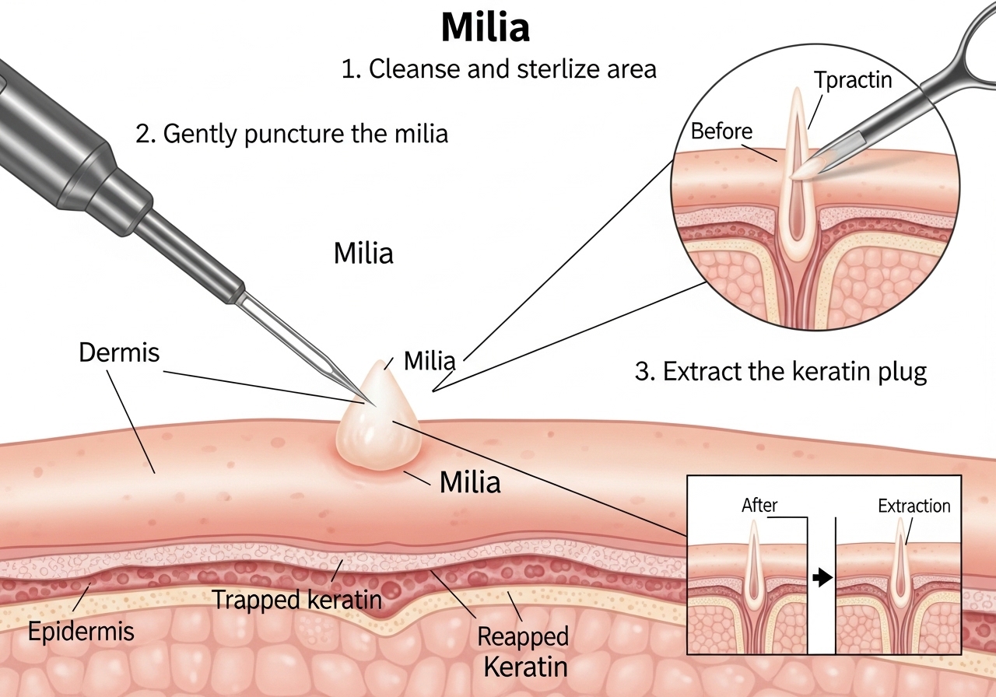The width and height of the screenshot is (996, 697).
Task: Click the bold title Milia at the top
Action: [485, 28]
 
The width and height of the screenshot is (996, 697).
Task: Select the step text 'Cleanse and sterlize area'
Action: [499, 69]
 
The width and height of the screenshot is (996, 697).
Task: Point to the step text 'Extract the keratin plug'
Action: [781, 371]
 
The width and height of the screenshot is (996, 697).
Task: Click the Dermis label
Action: [119, 352]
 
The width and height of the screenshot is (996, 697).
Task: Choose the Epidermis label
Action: [81, 631]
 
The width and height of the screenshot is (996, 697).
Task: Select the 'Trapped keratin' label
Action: [296, 600]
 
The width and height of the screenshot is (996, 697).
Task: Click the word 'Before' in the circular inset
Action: [721, 131]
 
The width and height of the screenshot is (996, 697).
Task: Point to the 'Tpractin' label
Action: [853, 80]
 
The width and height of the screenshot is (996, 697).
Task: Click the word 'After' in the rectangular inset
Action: [759, 505]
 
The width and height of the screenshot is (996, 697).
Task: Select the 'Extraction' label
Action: [914, 506]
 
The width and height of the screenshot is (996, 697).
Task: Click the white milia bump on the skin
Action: [378, 424]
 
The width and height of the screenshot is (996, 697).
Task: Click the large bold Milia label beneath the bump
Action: [470, 482]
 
